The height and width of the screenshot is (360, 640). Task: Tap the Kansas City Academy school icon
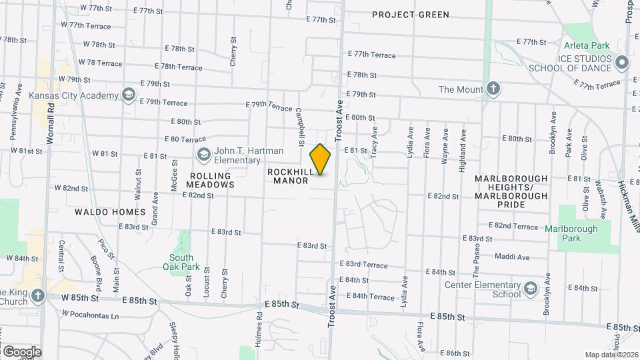click(x=127, y=95)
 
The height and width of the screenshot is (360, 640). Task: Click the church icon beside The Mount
click(x=493, y=89)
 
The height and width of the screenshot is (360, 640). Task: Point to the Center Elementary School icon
click(x=530, y=289)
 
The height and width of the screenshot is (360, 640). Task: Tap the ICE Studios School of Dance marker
click(x=623, y=63)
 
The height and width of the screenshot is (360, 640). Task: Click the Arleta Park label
click(x=587, y=46)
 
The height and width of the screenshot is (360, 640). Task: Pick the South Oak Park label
click(x=181, y=262)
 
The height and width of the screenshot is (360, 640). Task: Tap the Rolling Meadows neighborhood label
click(x=208, y=180)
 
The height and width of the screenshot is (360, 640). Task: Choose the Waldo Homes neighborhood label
click(x=111, y=212)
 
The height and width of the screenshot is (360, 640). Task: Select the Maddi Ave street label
click(x=513, y=257)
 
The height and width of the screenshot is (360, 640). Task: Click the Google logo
click(x=21, y=352)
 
